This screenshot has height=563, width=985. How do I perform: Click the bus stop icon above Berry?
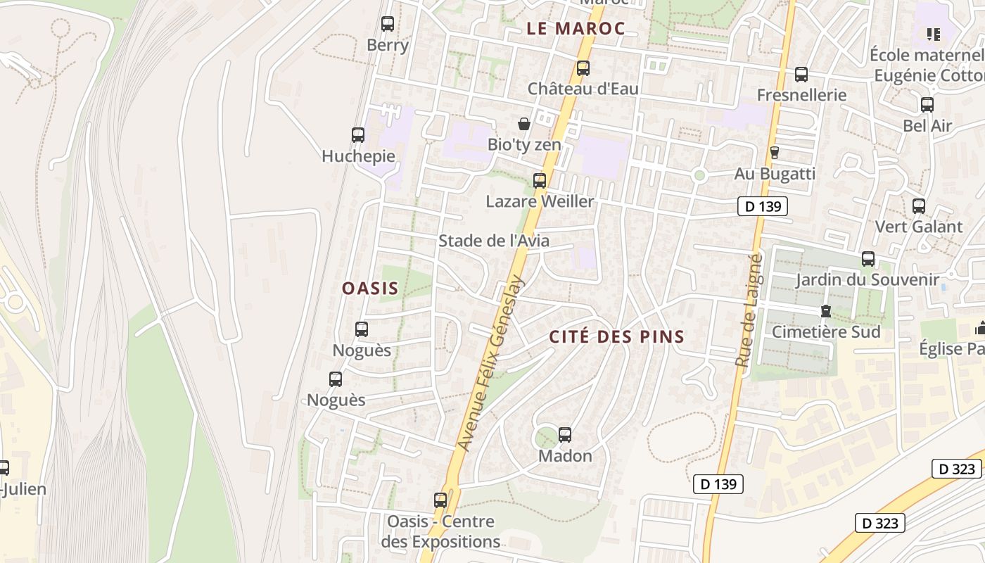388,24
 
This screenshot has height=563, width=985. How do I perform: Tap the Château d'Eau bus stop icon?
583,68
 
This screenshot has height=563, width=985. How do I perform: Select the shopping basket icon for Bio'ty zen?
524,125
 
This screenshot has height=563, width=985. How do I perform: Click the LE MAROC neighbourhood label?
576,29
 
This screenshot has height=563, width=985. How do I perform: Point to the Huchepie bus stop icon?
358,135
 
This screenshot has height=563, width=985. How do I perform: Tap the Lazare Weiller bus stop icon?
540,181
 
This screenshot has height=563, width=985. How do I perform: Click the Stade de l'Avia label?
494,241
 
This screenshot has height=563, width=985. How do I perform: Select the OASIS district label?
370,288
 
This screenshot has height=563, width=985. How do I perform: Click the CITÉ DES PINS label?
617,336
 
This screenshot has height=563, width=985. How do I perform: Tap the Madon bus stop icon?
565,435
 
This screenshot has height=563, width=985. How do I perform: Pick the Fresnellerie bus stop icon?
801,75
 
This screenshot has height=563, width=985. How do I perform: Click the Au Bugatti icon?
775,152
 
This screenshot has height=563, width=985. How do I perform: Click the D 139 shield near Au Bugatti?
762,206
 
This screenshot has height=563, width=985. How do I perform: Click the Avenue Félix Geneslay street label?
491,362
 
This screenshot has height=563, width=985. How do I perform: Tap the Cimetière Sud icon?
826,311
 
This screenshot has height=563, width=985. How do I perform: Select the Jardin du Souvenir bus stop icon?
868,259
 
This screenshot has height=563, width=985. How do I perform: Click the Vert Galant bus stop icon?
919,206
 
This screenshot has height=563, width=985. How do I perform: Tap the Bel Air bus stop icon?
927,105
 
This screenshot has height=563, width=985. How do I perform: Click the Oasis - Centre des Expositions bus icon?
440,500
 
